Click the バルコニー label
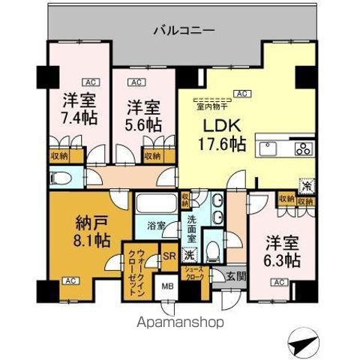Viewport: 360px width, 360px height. coord(184,31)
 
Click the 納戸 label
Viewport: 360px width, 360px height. coord(93,223)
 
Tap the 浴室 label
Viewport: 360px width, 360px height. coord(155,245)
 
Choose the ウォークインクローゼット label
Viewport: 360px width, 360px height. coord(136,268)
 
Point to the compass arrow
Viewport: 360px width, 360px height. coord(307,344)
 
